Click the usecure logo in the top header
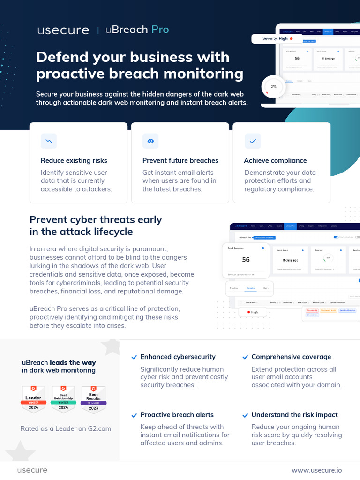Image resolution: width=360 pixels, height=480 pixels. (x=63, y=30)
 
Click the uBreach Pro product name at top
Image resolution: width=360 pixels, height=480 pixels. (x=137, y=30)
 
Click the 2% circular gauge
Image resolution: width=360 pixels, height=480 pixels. (x=273, y=87)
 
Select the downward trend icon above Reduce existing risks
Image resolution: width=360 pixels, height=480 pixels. (x=48, y=141)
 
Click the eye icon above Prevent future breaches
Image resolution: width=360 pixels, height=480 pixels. (x=150, y=141)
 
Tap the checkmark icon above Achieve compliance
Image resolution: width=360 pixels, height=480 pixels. (x=253, y=141)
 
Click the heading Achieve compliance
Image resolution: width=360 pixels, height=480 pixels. (x=275, y=160)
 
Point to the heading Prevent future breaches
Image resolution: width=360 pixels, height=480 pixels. (x=180, y=160)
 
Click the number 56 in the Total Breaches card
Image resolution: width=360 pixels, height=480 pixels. (x=246, y=260)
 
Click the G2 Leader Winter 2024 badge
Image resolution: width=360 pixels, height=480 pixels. (x=33, y=399)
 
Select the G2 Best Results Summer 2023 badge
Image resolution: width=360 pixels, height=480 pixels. (x=93, y=399)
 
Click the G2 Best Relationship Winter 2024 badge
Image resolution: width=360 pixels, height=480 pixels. (x=63, y=399)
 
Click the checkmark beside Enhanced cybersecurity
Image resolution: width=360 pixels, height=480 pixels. (x=135, y=357)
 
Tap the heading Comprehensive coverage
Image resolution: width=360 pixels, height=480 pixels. (x=291, y=357)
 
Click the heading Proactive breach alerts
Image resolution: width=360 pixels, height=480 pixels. (x=177, y=415)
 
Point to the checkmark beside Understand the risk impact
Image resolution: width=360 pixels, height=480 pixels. (x=245, y=415)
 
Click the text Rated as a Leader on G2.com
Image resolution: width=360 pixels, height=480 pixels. (x=66, y=428)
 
